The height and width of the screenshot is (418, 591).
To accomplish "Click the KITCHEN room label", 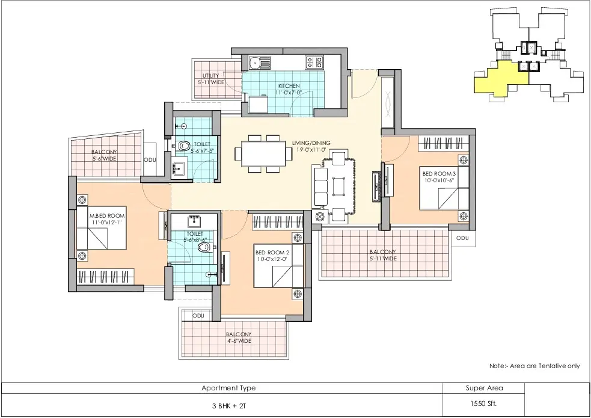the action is click(x=289, y=86).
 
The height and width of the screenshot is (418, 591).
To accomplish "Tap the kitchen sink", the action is click(x=259, y=62).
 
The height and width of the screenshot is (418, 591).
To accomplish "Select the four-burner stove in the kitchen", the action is click(x=314, y=62).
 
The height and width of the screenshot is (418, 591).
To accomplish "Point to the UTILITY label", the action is click(x=210, y=76).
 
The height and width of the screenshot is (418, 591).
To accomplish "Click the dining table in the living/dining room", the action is click(x=263, y=153).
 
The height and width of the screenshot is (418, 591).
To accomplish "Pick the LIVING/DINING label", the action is click(x=311, y=143).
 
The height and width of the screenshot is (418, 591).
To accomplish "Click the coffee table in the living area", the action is click(x=338, y=186).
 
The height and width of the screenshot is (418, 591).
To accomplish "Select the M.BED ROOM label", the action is click(x=107, y=216).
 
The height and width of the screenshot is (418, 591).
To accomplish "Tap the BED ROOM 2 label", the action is click(x=272, y=252).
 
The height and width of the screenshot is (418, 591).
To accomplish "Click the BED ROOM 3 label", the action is click(x=439, y=174).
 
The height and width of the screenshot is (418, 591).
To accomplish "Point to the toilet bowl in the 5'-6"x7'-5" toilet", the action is click(x=182, y=145).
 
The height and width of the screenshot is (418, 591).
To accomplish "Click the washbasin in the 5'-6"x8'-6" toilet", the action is click(x=194, y=220).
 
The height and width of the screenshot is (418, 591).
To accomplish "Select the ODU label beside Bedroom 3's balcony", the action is click(x=462, y=238).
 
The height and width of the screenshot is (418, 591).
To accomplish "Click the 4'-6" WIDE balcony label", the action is click(x=239, y=341).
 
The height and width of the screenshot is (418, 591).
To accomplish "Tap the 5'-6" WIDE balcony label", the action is click(x=105, y=159).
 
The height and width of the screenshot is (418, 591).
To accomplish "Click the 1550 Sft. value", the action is click(x=483, y=404).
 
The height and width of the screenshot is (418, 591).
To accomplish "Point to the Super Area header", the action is click(x=484, y=388).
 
